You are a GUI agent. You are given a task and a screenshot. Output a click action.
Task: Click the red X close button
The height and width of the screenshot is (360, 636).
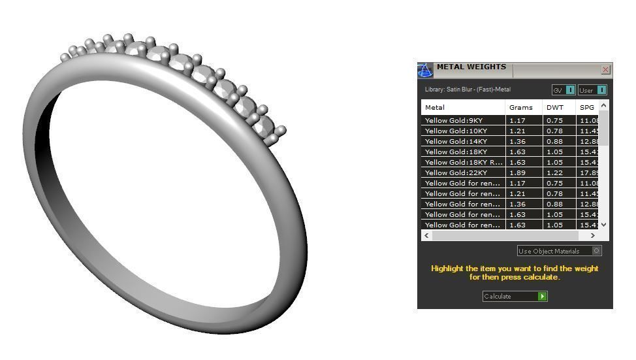point(605,70)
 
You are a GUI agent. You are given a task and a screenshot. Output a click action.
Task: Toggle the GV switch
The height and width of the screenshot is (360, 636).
point(570,90)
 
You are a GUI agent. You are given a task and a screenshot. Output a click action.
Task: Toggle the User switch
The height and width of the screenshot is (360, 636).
point(601,90)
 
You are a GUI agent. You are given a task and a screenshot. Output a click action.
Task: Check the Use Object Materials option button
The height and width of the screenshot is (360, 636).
point(596,251)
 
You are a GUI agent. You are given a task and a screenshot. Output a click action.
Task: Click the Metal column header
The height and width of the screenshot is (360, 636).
point(435,107)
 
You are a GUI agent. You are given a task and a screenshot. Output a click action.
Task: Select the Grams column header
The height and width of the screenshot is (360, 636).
point(521,107)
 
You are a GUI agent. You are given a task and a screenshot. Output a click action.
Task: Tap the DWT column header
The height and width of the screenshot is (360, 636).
point(555,107)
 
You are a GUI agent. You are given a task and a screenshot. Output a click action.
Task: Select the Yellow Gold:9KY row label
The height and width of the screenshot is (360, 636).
point(454,121)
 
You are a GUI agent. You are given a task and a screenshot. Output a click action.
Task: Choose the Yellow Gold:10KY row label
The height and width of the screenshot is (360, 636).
point(456,131)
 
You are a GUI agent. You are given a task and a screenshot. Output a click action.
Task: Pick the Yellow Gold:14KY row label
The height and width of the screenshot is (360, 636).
point(456,142)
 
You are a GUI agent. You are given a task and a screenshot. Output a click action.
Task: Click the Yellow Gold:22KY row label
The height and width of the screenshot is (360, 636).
point(456,173)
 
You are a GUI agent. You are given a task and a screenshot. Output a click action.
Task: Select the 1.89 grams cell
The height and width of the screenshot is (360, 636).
point(518,173)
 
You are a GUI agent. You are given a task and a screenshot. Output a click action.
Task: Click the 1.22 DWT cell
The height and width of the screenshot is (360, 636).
point(555,173)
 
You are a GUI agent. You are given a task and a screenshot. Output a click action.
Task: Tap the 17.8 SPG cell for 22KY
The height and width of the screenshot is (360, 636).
point(586,173)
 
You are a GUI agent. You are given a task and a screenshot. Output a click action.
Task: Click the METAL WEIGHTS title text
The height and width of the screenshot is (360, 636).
point(471,67)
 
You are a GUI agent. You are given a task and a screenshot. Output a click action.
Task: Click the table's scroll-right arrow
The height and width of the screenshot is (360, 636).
point(593,235)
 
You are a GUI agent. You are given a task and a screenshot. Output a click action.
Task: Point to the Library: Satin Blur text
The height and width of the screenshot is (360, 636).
point(468,90)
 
